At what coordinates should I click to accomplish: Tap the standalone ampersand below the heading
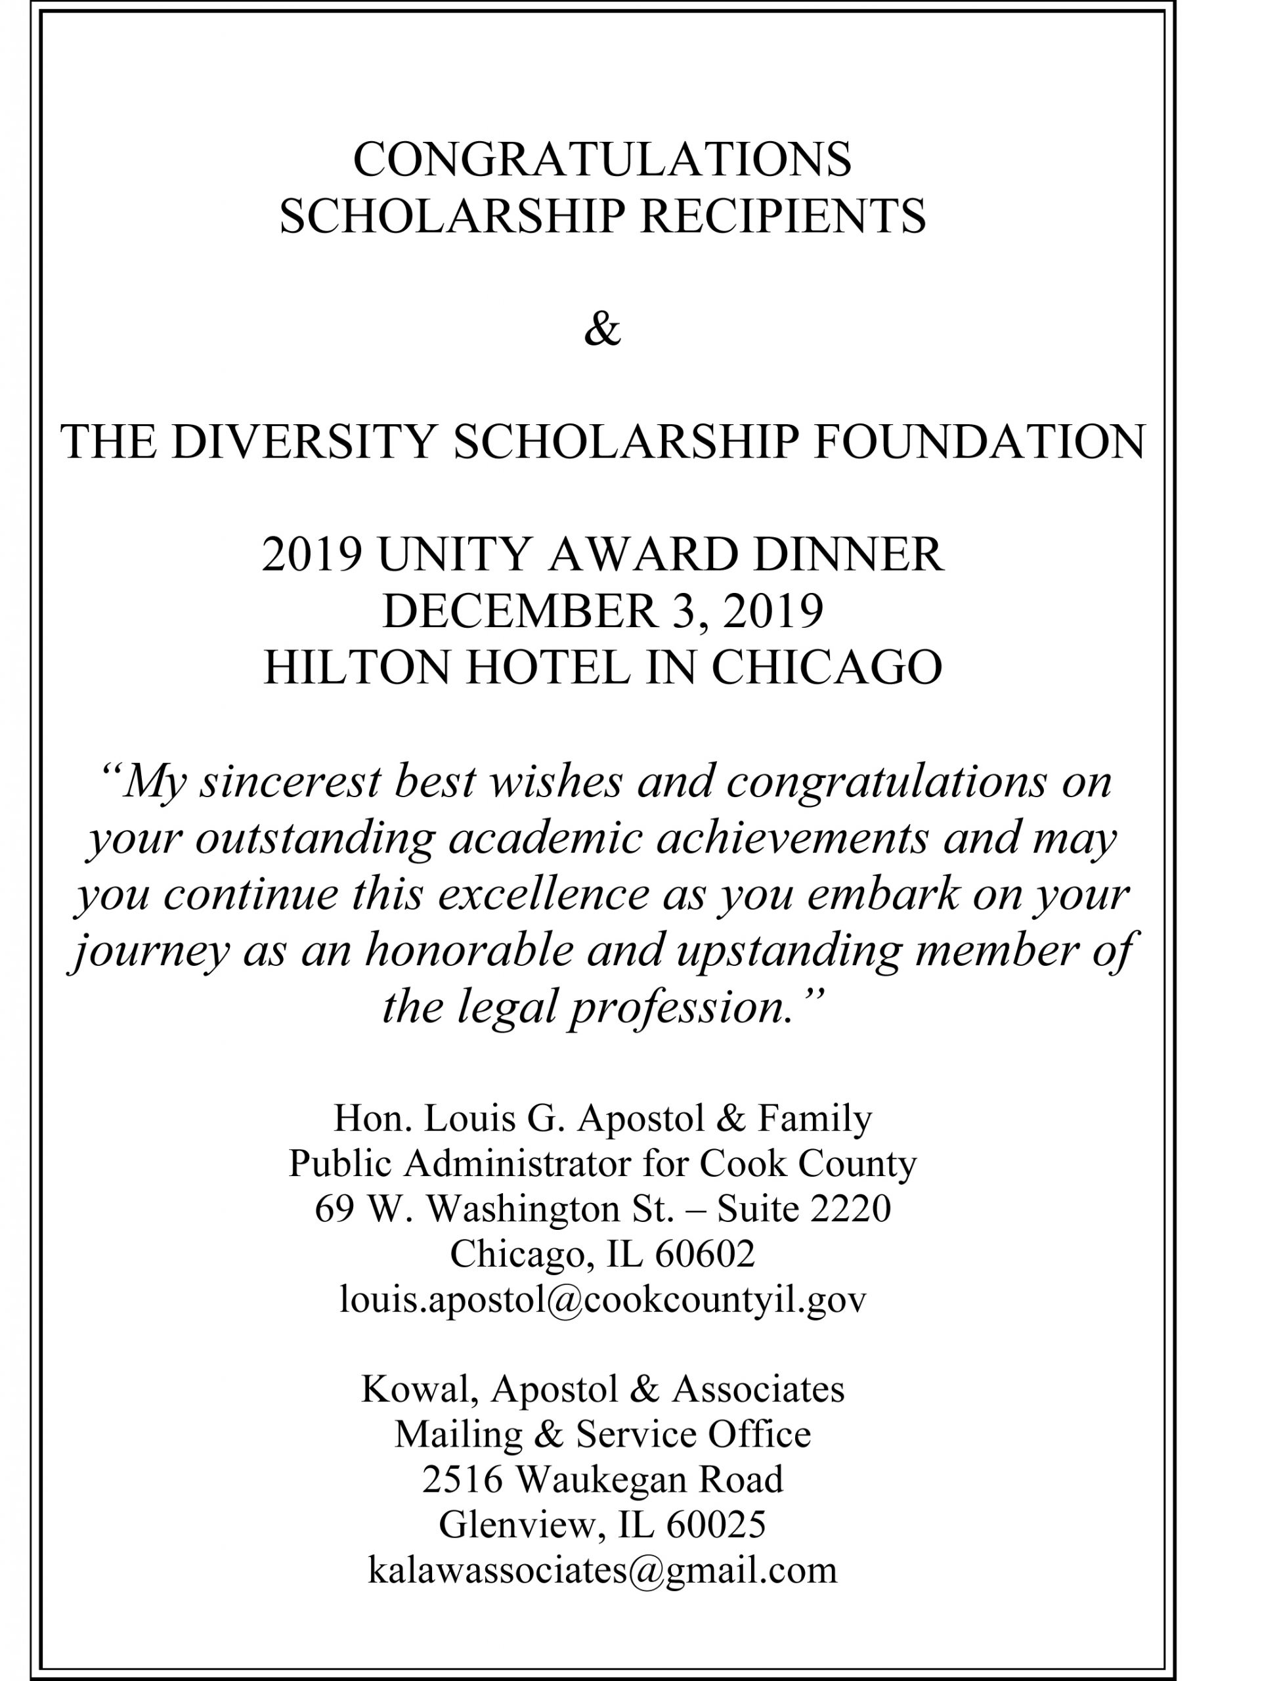[602, 330]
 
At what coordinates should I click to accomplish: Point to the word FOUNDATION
[980, 442]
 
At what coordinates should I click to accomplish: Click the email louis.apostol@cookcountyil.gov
[602, 1299]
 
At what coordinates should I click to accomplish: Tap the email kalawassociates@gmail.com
[602, 1569]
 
